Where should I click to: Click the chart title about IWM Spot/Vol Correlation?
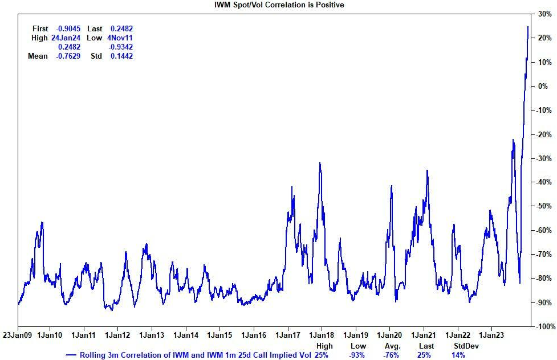click(x=279, y=5)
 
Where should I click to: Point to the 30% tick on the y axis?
click(x=543, y=14)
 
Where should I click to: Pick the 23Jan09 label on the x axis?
click(x=18, y=336)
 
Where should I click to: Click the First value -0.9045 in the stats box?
click(x=68, y=28)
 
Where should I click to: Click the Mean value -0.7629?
click(x=68, y=56)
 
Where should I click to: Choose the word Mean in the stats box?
click(x=38, y=56)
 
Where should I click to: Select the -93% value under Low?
click(x=358, y=355)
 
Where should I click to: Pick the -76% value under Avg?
click(x=392, y=355)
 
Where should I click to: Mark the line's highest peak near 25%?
click(x=527, y=26)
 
